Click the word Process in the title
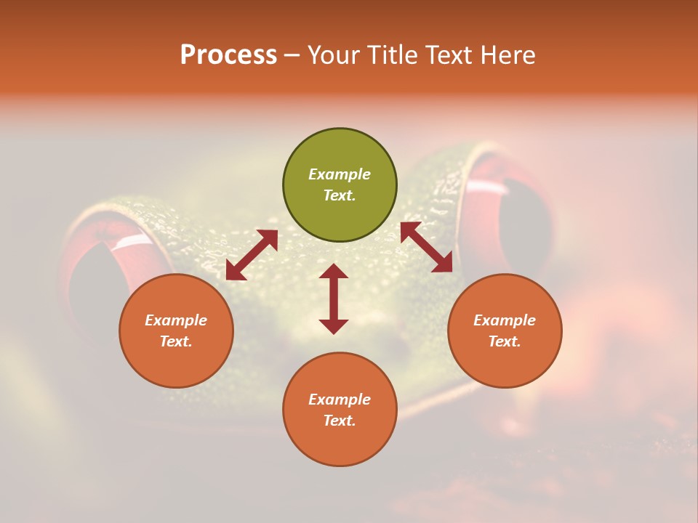click(x=228, y=55)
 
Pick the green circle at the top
click(x=340, y=185)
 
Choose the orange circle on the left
click(x=176, y=331)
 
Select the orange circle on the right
click(x=505, y=331)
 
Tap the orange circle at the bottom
click(x=340, y=410)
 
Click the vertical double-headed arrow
click(x=334, y=299)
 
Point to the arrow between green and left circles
click(x=252, y=255)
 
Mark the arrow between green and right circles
click(x=426, y=247)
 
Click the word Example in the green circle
click(x=340, y=174)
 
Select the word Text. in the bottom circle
click(x=340, y=421)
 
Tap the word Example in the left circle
click(x=176, y=320)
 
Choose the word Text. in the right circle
click(x=505, y=341)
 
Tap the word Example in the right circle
click(x=505, y=320)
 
